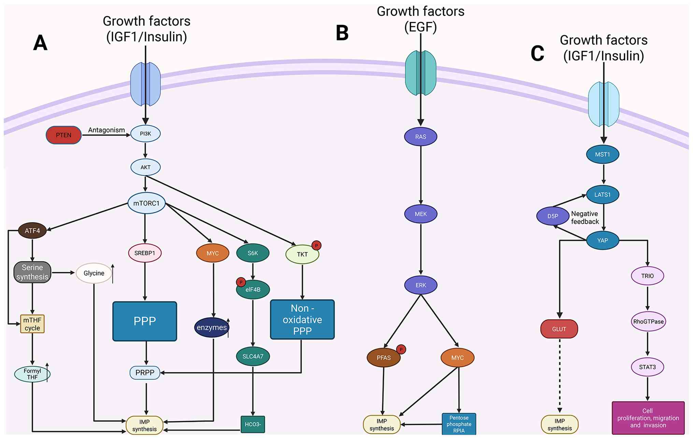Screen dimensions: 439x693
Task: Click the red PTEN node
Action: (x=63, y=135)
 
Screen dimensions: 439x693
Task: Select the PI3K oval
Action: (x=145, y=134)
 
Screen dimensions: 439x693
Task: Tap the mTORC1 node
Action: (x=146, y=203)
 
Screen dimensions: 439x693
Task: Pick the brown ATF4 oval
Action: (x=32, y=231)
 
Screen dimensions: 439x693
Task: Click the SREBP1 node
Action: (x=145, y=253)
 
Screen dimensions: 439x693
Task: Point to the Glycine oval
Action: (x=94, y=273)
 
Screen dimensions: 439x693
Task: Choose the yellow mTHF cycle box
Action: (x=32, y=324)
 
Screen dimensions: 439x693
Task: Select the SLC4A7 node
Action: (x=253, y=356)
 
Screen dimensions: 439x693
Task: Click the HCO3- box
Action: (x=252, y=424)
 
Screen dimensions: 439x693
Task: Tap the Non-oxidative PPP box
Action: (x=302, y=319)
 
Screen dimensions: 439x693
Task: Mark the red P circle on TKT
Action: (x=316, y=245)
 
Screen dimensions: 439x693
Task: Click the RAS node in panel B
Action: (x=421, y=137)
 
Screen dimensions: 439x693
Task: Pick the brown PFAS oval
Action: (x=384, y=358)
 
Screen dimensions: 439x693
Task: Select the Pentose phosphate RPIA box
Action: (x=459, y=424)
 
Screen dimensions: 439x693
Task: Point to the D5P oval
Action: (x=553, y=216)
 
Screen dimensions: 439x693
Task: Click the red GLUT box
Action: (x=559, y=329)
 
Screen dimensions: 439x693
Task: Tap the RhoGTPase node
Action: (x=648, y=321)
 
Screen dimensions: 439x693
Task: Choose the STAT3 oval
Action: (x=647, y=367)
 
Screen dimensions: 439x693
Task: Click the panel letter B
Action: (x=342, y=33)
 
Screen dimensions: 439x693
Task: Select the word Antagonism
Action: (x=106, y=130)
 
